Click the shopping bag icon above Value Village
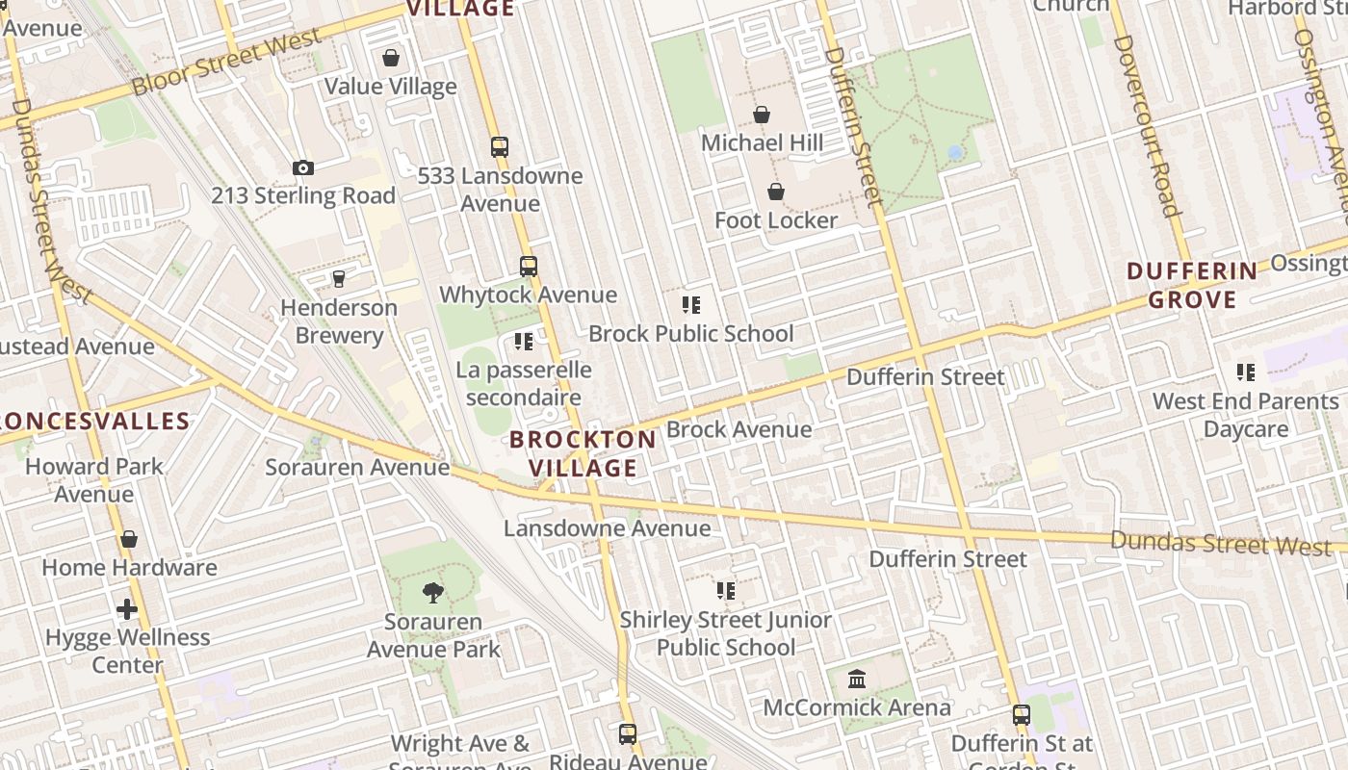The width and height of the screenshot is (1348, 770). [x=391, y=58]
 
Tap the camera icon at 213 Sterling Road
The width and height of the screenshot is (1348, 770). [x=303, y=168]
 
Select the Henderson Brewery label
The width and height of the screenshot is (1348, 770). [x=339, y=321]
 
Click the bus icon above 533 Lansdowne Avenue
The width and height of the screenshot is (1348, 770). [x=500, y=147]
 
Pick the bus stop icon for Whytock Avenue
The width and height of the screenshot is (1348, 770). [x=529, y=267]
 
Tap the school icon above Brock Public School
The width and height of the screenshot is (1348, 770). [x=691, y=305]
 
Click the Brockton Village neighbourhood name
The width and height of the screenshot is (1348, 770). [x=583, y=454]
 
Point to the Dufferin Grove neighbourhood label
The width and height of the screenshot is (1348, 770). [x=1192, y=285]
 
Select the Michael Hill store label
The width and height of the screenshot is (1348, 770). [x=762, y=143]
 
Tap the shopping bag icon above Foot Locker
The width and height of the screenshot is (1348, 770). [x=776, y=192]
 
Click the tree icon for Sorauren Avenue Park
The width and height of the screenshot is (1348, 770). [x=433, y=592]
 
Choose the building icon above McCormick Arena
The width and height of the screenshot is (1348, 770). [x=857, y=680]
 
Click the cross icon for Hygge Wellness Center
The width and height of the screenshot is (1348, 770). [x=127, y=609]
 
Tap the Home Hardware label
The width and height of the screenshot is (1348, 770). [x=129, y=567]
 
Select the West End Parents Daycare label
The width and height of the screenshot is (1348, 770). [x=1246, y=415]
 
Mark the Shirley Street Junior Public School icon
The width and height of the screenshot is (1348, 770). [x=726, y=591]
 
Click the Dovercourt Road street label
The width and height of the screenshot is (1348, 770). [x=1146, y=125]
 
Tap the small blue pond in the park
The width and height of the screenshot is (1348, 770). [x=954, y=152]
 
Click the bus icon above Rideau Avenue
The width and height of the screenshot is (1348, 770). [x=628, y=734]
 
